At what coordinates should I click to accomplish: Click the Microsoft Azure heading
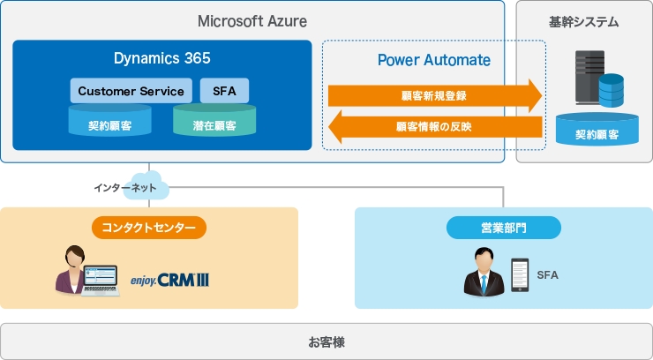pyautogui.click(x=251, y=20)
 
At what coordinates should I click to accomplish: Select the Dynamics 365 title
pyautogui.click(x=162, y=59)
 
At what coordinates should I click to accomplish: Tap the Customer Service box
pyautogui.click(x=131, y=91)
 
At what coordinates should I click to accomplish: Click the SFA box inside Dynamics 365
pyautogui.click(x=224, y=91)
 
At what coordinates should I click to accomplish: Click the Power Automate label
pyautogui.click(x=434, y=60)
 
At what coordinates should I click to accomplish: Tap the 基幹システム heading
pyautogui.click(x=583, y=21)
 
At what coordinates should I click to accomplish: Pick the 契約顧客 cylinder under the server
pyautogui.click(x=597, y=131)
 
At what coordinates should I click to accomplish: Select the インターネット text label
pyautogui.click(x=124, y=189)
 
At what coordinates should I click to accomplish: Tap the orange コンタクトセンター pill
pyautogui.click(x=149, y=228)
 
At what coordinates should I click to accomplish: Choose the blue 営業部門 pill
pyautogui.click(x=503, y=228)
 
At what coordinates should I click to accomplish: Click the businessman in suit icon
pyautogui.click(x=483, y=272)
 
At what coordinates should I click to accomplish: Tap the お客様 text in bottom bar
pyautogui.click(x=326, y=341)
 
